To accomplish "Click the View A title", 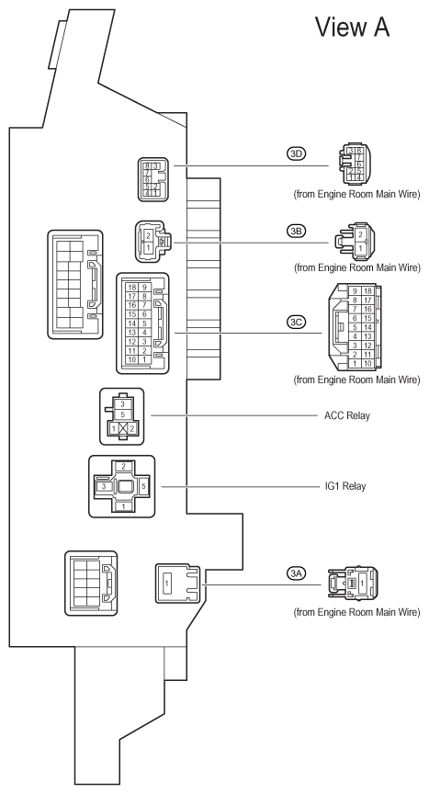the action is [x=353, y=27].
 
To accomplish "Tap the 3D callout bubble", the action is [x=297, y=153].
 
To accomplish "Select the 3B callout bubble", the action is [x=297, y=231].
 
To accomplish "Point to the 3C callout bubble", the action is [x=297, y=322].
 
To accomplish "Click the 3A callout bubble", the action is [x=297, y=573].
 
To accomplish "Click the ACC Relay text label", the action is [x=347, y=415].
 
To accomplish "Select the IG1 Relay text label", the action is [x=345, y=486].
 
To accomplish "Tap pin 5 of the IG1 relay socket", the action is [x=143, y=486].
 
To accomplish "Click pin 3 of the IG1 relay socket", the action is [x=104, y=486].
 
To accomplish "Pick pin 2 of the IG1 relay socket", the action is [x=123, y=466].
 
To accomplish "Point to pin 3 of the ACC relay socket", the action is [x=122, y=404].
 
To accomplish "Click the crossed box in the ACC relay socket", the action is [x=122, y=428].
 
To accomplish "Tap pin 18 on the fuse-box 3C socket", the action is [x=132, y=287].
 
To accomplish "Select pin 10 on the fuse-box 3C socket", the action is [x=132, y=359].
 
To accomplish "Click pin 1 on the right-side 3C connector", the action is [x=356, y=364].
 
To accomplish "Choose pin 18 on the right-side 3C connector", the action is [x=367, y=290].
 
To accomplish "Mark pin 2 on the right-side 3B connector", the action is [x=360, y=235].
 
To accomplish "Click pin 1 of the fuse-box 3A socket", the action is [x=166, y=584].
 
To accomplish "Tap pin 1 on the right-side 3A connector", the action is [x=362, y=584].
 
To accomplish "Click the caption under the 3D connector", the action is [x=356, y=195].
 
